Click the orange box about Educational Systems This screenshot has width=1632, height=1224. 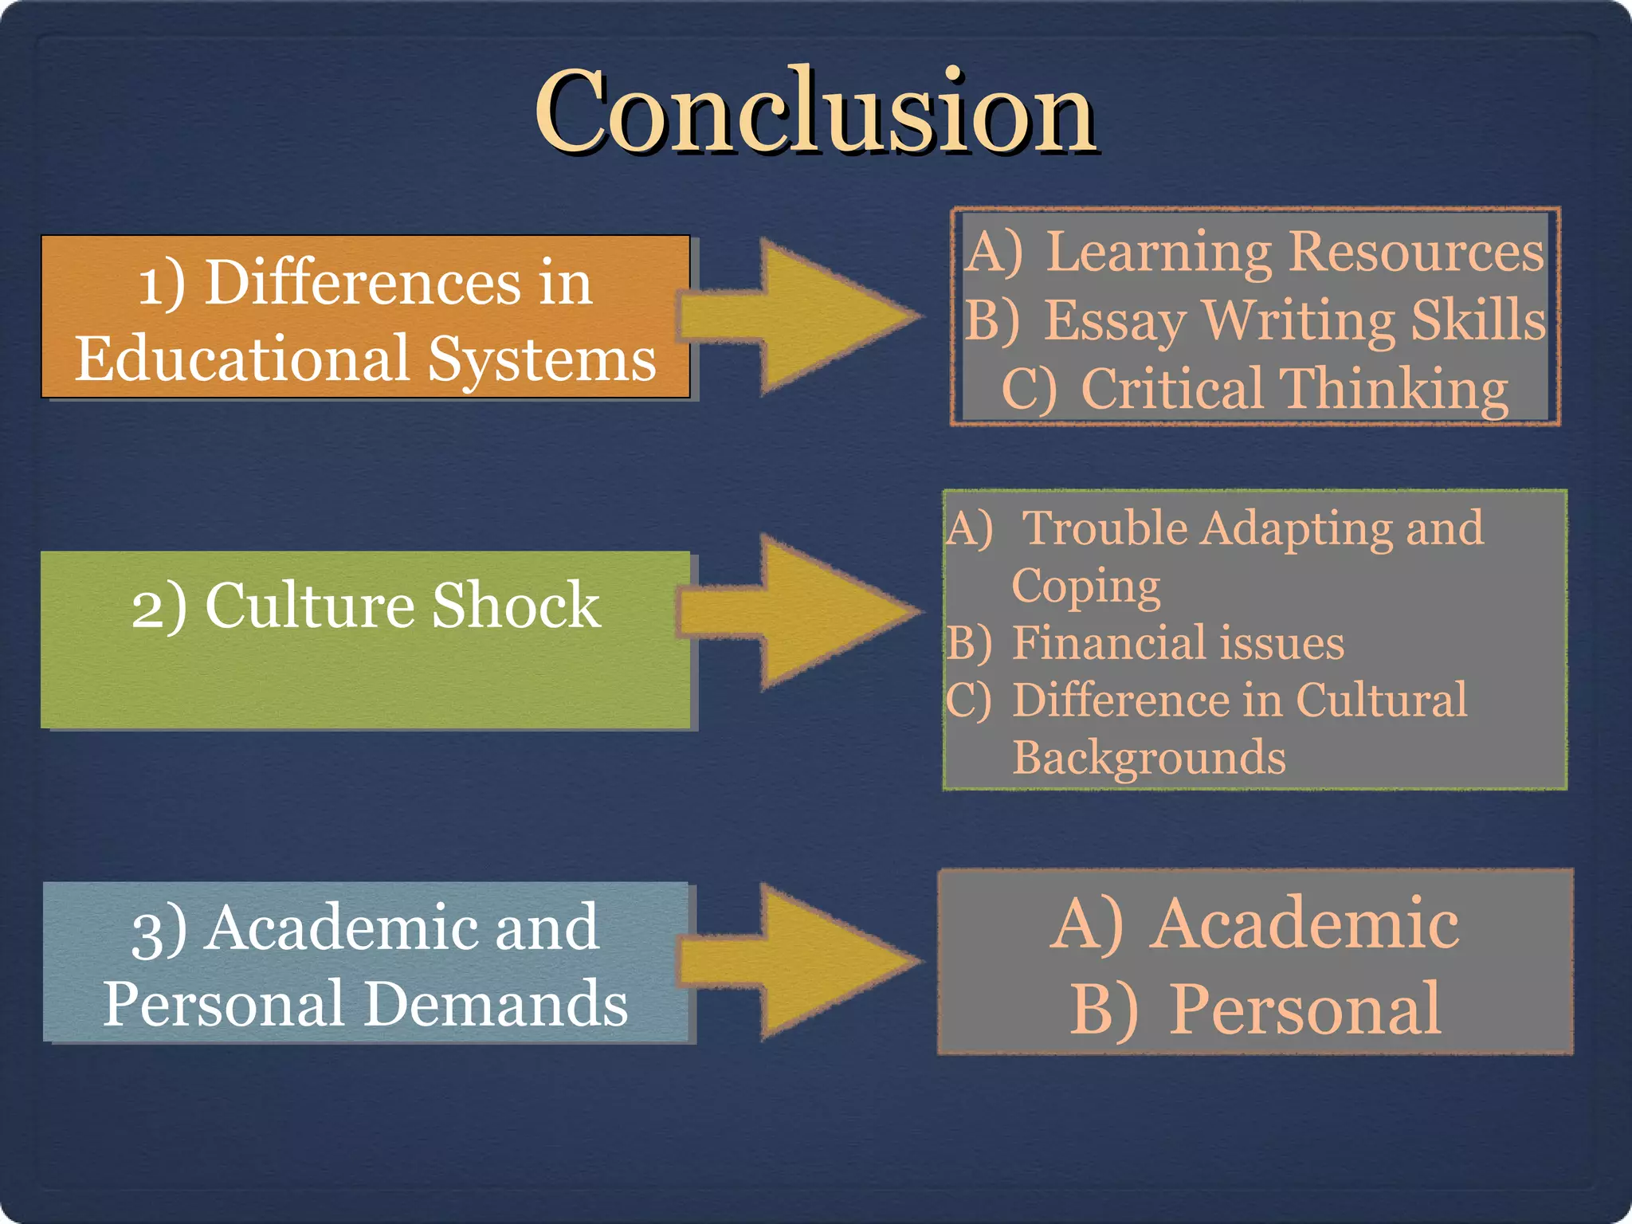tap(366, 317)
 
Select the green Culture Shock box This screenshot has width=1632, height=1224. tap(366, 640)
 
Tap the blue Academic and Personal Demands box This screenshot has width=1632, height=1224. tap(366, 963)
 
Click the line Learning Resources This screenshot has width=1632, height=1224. tap(1254, 252)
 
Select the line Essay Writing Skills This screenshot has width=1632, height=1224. tap(1254, 320)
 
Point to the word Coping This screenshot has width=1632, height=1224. tap(1085, 586)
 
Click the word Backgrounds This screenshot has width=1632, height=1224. tap(1148, 757)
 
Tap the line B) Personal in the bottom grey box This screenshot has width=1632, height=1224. tap(1254, 1009)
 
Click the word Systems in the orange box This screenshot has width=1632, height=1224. tap(541, 359)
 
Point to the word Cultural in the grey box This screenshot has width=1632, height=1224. tap(1381, 700)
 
